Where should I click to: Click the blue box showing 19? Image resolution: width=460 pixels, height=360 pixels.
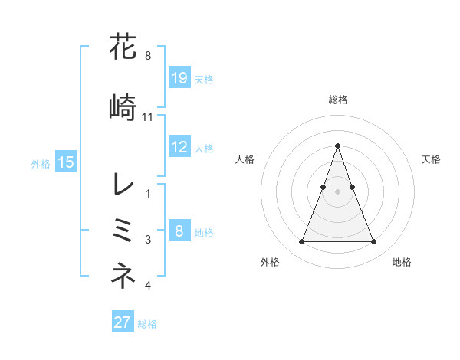coord(179,77)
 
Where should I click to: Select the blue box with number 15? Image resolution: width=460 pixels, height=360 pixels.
coord(66,162)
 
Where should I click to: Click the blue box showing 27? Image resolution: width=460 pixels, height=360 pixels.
coord(123,322)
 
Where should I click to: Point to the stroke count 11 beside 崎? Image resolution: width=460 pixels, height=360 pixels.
coord(148,116)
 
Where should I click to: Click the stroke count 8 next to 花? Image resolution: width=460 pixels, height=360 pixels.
coord(147,55)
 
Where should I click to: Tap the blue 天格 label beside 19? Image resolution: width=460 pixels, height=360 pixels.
coord(204,79)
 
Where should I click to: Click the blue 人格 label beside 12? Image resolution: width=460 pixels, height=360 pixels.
coord(204,148)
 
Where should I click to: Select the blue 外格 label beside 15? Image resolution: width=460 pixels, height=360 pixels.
coord(41,163)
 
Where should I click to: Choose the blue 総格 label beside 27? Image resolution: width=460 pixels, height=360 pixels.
coord(147,323)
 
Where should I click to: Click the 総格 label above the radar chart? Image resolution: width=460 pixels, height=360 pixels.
coord(337,100)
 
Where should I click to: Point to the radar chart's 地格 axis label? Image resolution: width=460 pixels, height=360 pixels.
coord(402,263)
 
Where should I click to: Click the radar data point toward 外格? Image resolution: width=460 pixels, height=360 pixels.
coord(301,242)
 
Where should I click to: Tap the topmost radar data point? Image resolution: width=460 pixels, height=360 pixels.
coord(337,146)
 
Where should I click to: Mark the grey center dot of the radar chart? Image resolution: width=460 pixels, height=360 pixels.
coord(337,191)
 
